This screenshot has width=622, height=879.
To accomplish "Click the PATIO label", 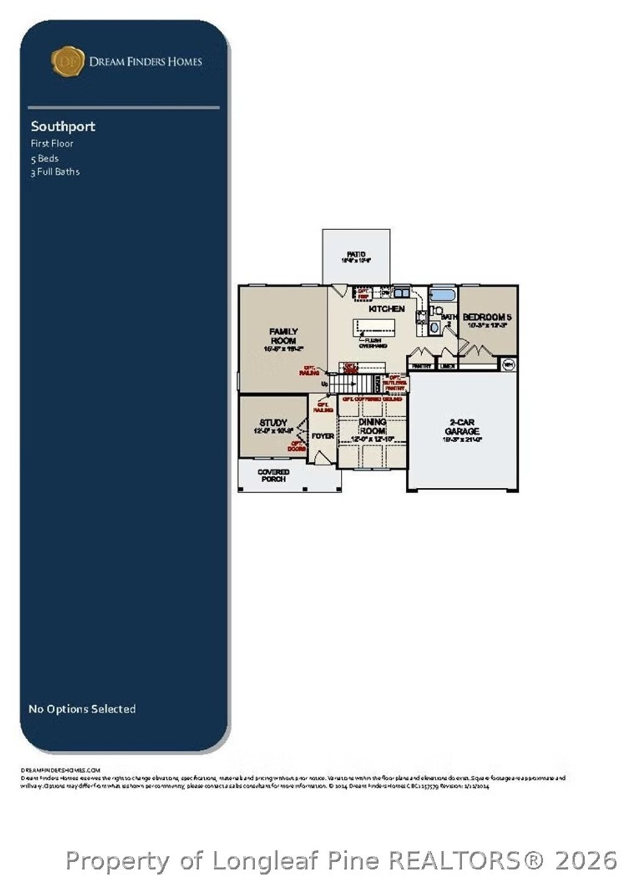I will [x=356, y=255].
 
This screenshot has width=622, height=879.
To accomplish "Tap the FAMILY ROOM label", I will [x=283, y=336].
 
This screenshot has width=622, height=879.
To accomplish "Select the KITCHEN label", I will [x=386, y=309].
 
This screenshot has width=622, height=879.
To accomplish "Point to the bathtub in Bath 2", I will [x=442, y=295].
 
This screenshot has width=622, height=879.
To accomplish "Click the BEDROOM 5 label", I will [x=487, y=317].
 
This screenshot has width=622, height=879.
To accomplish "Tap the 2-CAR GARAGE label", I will [x=462, y=426].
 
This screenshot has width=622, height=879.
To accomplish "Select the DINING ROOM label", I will [x=372, y=426].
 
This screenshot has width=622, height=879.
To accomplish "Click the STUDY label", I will [x=273, y=423].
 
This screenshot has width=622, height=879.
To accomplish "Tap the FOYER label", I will [x=323, y=436].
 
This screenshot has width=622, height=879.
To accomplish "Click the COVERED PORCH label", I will [x=273, y=475].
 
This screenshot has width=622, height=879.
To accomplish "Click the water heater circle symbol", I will [x=508, y=364].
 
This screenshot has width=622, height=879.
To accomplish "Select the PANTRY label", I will [x=421, y=366].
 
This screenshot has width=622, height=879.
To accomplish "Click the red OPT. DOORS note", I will [x=296, y=446].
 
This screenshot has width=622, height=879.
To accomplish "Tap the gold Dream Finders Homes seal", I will [x=67, y=61].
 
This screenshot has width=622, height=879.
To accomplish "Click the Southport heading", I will [x=63, y=126].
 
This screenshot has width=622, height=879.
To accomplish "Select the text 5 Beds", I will [x=45, y=158].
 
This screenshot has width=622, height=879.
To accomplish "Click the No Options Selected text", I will [x=82, y=709].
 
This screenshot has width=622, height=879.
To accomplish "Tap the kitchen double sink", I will [x=401, y=293].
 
